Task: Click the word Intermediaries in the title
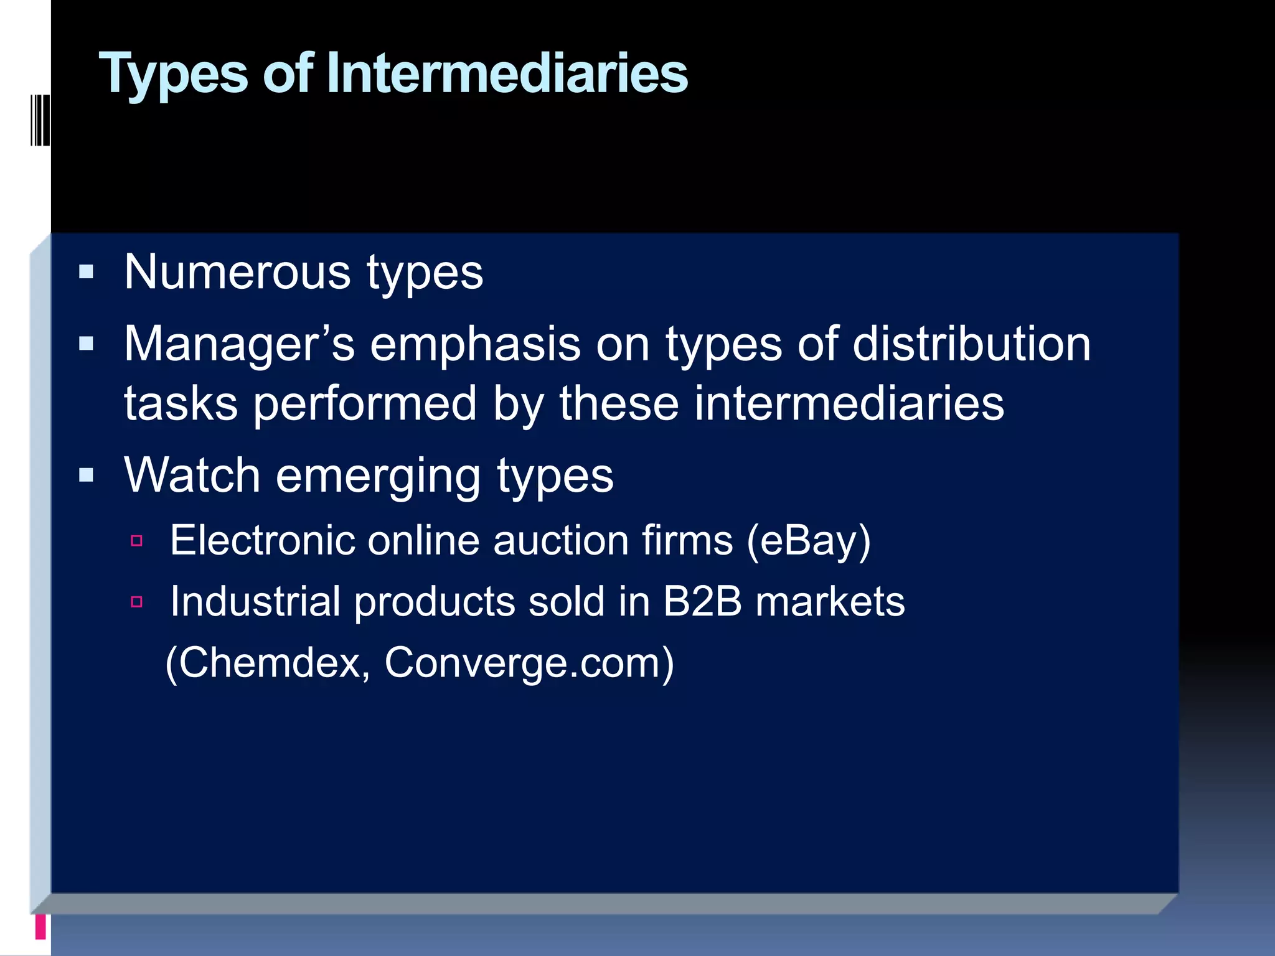tap(507, 73)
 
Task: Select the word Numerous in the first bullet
tap(237, 273)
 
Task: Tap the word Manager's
tap(239, 344)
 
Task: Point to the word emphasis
tap(475, 344)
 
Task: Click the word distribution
tap(971, 344)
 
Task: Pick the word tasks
tap(181, 404)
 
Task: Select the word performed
tap(365, 404)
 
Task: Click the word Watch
tap(192, 476)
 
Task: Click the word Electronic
tap(262, 540)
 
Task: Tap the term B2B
tap(702, 602)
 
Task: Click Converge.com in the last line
tap(529, 663)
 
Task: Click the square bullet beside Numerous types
tap(87, 272)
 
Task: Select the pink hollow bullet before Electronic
tap(137, 540)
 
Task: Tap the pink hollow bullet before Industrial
tap(137, 602)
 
